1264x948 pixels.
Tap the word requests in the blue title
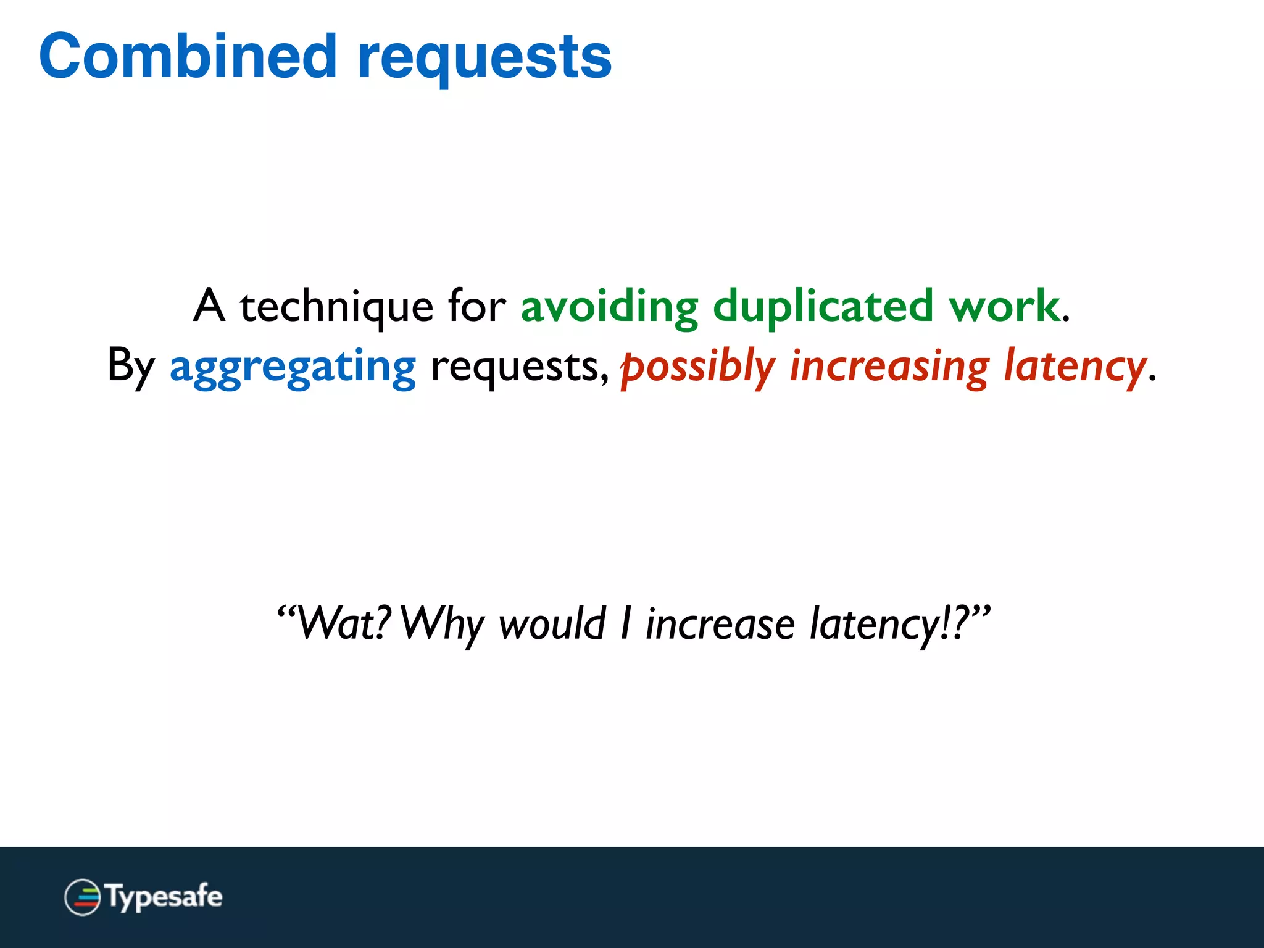tap(484, 59)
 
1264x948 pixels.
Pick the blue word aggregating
tap(293, 367)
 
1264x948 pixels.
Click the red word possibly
tap(697, 367)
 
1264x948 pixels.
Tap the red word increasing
tap(889, 367)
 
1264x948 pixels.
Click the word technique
tap(336, 307)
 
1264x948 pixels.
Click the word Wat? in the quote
tap(336, 623)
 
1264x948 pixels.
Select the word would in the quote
tap(552, 623)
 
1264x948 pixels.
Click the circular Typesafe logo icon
tap(82, 897)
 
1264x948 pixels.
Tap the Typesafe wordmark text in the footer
tap(164, 897)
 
